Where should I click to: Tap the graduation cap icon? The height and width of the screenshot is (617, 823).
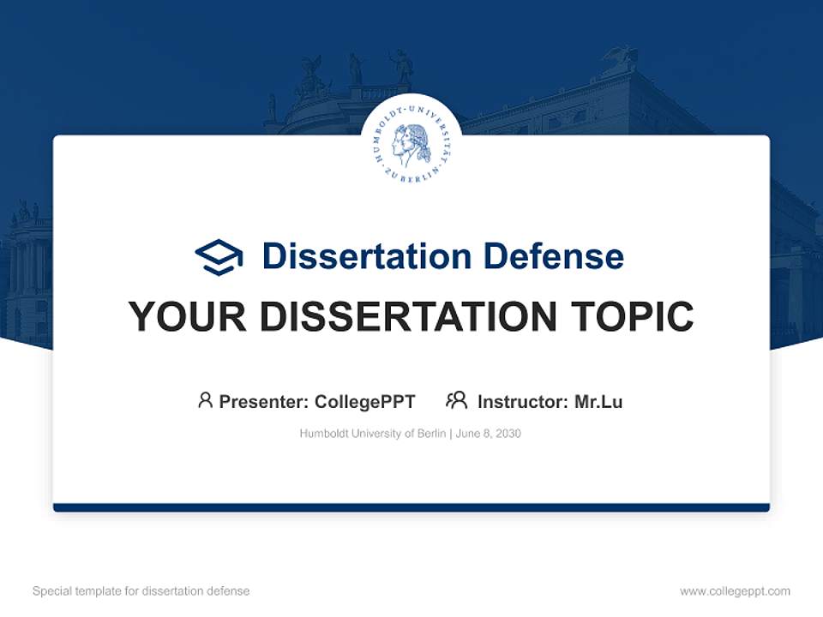219,256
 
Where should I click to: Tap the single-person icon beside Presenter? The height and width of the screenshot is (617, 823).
205,400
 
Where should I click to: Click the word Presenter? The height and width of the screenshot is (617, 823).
263,401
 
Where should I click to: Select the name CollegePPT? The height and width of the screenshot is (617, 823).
365,401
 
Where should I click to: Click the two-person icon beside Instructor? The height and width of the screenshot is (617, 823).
456,400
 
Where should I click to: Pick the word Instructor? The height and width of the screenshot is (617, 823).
522,401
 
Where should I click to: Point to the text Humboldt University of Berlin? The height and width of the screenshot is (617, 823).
373,434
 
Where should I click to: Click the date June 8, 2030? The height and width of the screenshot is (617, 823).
489,434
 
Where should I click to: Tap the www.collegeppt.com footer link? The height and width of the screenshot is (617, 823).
735,591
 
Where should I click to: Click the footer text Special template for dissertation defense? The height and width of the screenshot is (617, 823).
141,591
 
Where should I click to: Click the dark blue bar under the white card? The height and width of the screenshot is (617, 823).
411,507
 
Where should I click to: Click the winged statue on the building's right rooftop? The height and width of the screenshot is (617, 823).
619,58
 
